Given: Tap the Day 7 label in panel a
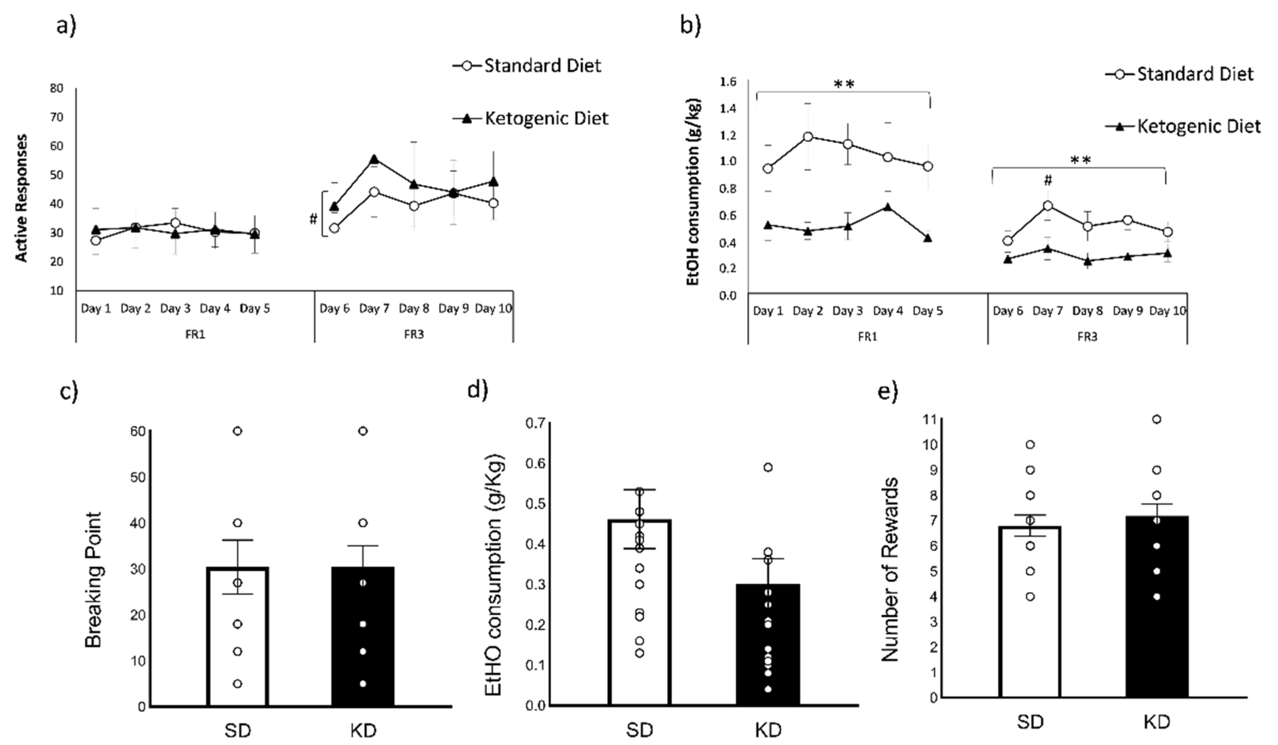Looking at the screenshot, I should [x=374, y=308].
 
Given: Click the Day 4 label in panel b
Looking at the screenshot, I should [x=888, y=311].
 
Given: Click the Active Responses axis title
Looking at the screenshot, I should [x=21, y=198].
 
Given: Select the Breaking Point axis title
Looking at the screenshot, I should [x=94, y=580].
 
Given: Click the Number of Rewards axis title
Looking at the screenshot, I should [x=890, y=569].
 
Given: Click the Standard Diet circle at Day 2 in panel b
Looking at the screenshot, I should [x=808, y=137].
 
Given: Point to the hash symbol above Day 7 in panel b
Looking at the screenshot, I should [x=1048, y=180].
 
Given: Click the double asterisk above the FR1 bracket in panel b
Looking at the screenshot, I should [x=844, y=84].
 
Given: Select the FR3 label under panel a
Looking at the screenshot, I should [x=414, y=335].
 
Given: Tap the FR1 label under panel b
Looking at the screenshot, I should [x=868, y=337].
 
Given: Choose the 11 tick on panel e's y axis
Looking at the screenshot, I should [x=930, y=419].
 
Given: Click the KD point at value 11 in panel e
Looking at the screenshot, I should [x=1157, y=419].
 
